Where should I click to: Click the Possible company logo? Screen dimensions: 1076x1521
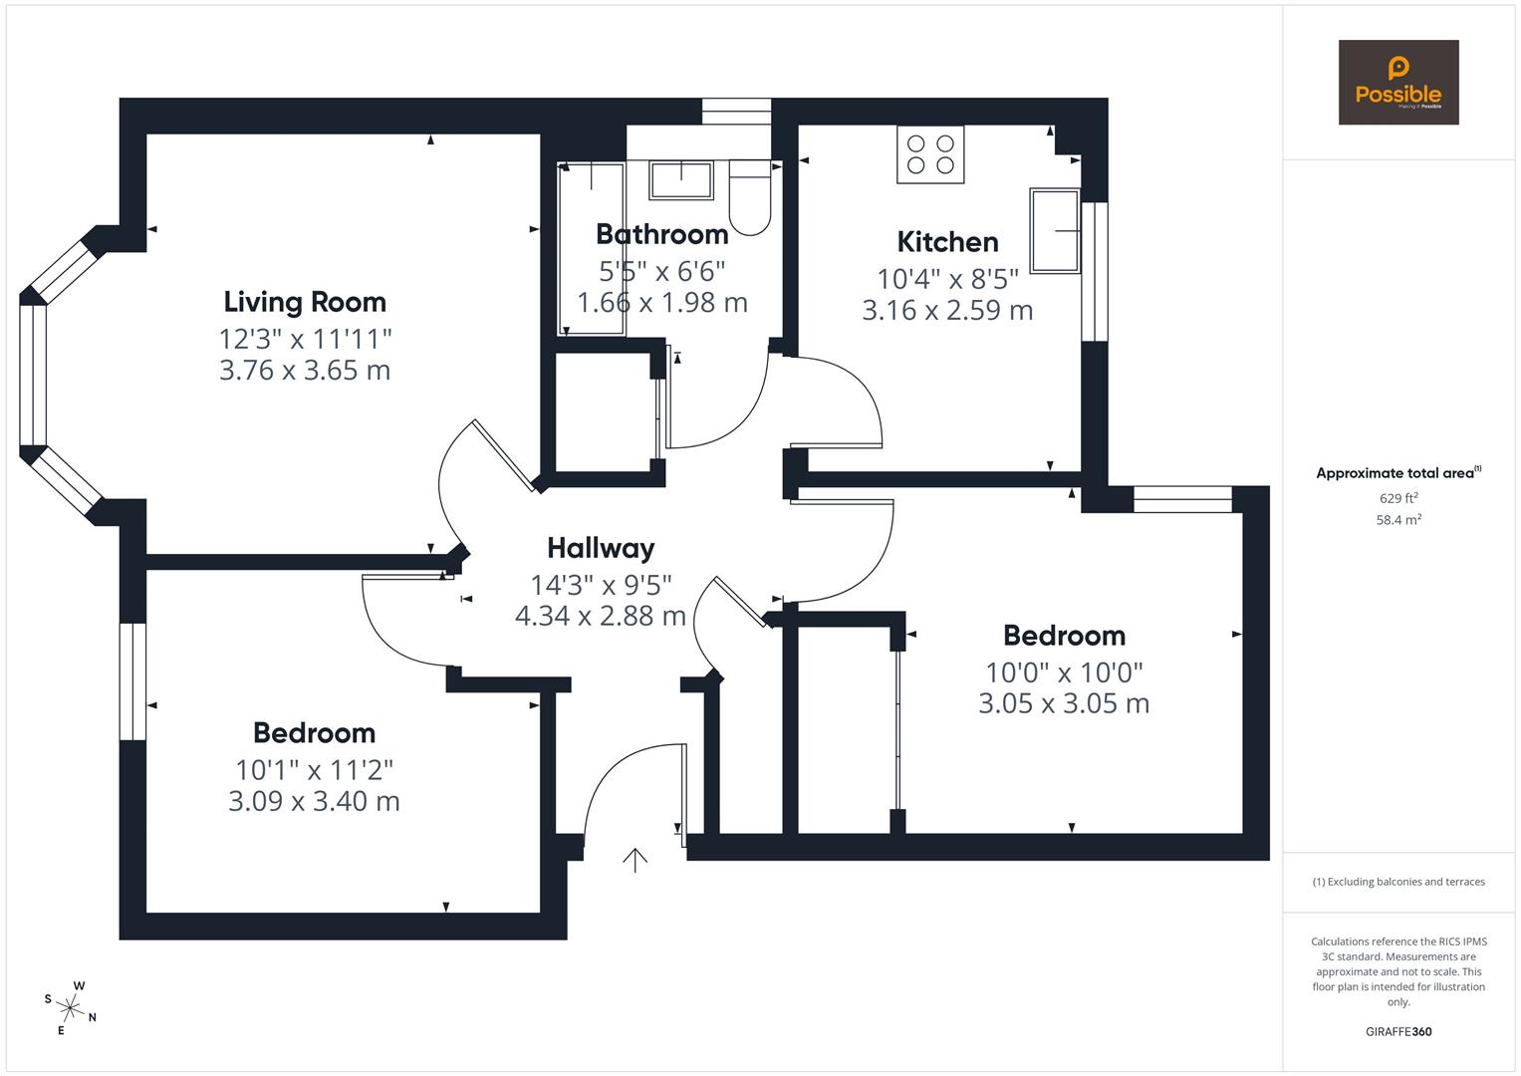point(1397,83)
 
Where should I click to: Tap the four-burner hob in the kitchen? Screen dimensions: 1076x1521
point(930,154)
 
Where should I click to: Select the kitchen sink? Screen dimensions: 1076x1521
point(1055,230)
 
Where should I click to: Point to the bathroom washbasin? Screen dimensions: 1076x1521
point(681,180)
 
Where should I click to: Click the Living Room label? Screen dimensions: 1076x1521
point(305,302)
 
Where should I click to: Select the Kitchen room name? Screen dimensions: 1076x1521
point(947,242)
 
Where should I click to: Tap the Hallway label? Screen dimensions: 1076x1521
point(601,548)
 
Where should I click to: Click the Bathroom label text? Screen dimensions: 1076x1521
point(661,234)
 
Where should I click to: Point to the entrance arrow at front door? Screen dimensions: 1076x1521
point(634,859)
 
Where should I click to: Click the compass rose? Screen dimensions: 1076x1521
point(71,1007)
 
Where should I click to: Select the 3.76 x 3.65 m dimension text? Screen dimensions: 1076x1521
point(305,371)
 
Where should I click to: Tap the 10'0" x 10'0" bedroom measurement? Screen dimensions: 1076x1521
point(1064,672)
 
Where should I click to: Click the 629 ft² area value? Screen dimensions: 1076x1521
point(1397,498)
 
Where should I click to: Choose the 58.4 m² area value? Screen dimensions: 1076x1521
point(1397,520)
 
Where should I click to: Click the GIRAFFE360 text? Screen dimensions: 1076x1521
point(1397,1031)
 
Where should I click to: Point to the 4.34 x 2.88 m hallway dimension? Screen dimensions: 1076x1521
point(601,616)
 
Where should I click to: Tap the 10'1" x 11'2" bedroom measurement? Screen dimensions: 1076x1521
point(314,770)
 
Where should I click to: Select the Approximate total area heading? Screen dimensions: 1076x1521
point(1397,473)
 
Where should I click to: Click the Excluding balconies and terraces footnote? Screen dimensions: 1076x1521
point(1397,882)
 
